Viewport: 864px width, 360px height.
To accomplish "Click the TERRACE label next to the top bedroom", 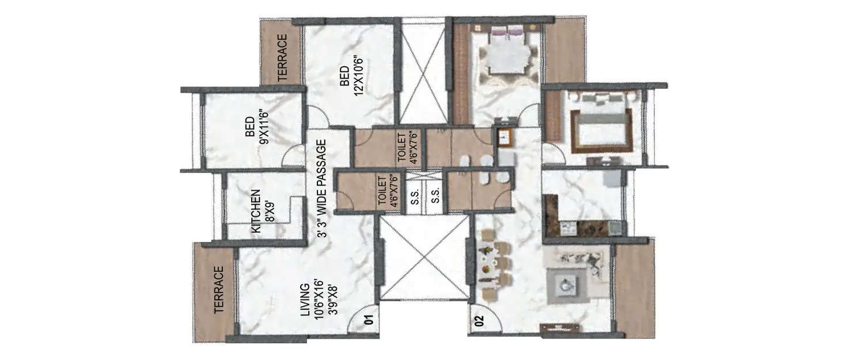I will (x=282, y=58).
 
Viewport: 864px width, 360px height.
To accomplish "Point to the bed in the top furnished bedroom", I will (x=508, y=52).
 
